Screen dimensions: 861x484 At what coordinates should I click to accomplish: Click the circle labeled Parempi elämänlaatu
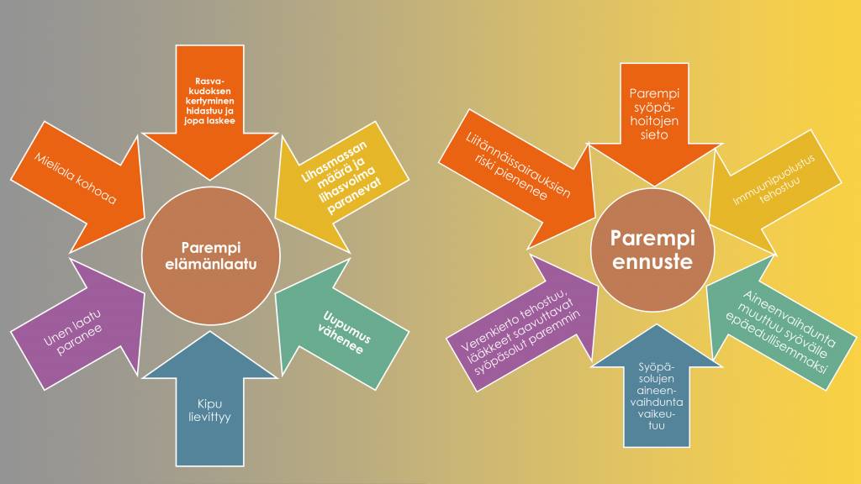[x=211, y=255]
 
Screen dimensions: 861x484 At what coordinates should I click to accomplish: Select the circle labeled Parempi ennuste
[x=652, y=250]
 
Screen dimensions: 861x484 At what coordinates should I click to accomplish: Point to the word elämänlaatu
[x=211, y=264]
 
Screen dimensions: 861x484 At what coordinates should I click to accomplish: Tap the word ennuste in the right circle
[x=652, y=262]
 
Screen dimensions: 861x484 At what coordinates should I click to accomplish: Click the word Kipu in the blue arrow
[x=209, y=404]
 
